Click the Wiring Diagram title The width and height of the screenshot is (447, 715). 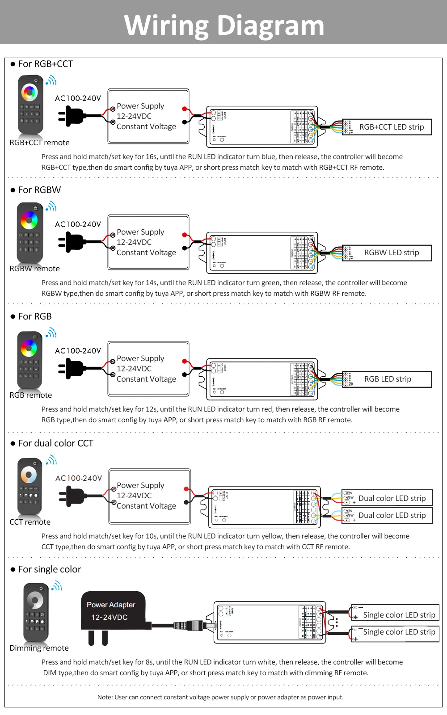[x=224, y=25]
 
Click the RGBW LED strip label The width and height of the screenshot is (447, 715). [x=391, y=252]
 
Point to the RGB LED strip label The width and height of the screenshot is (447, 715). [x=387, y=379]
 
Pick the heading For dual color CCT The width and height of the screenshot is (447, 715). [x=55, y=443]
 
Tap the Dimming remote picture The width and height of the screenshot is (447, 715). [x=36, y=612]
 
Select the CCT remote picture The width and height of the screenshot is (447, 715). [x=30, y=486]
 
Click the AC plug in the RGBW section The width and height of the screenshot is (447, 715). [x=72, y=242]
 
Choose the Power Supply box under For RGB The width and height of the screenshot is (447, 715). [x=148, y=369]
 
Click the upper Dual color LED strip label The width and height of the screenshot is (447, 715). [x=392, y=498]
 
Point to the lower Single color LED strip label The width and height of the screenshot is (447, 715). [x=399, y=632]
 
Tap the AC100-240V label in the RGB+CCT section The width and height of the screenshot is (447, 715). [x=78, y=98]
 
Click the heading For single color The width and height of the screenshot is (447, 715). [x=50, y=569]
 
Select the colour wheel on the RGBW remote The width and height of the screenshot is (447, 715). [x=29, y=220]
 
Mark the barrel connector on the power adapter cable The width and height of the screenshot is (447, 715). [x=196, y=625]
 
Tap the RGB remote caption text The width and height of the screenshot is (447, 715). [x=31, y=395]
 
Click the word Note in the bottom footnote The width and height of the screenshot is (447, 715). [x=105, y=697]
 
